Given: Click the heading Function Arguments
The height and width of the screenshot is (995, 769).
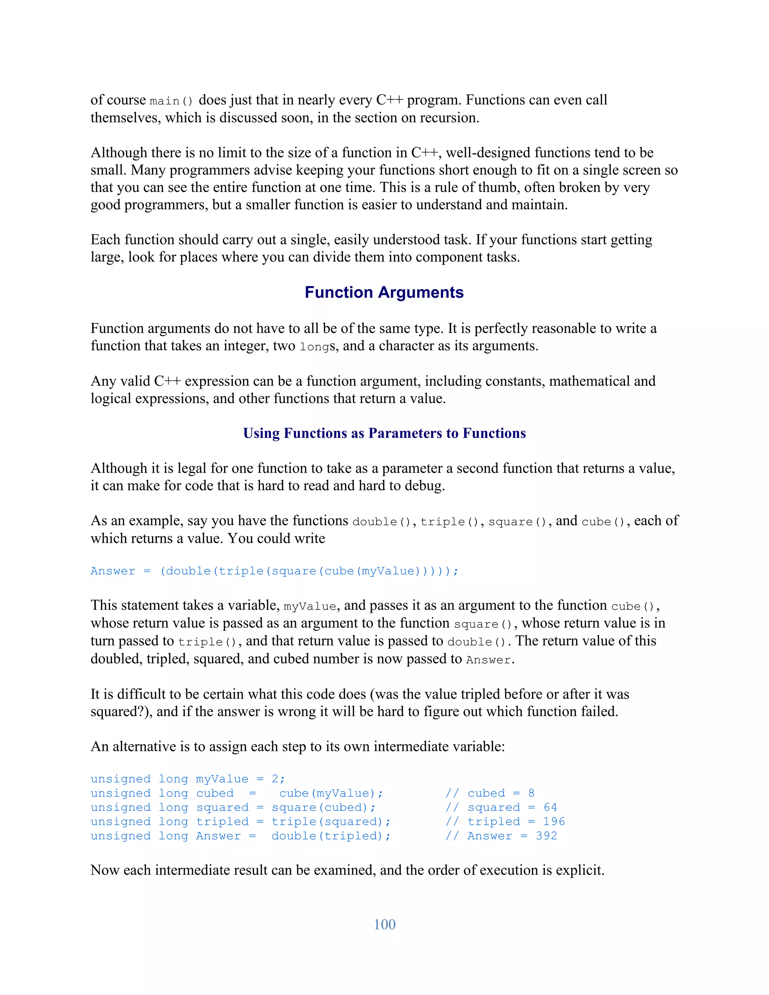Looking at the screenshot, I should (384, 292).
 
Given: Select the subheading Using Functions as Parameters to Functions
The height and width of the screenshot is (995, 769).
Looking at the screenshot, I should (384, 433).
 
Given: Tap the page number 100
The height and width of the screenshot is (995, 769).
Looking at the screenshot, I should (384, 924).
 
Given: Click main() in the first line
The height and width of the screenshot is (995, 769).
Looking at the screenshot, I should (171, 101).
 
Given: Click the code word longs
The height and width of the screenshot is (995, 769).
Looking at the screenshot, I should (318, 347).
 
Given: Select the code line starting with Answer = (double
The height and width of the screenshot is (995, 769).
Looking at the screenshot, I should (274, 571).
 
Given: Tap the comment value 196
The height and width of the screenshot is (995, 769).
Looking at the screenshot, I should (553, 822).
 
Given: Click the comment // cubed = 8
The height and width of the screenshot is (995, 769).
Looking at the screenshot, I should (490, 793).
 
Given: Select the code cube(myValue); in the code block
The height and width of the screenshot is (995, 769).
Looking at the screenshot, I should (331, 793).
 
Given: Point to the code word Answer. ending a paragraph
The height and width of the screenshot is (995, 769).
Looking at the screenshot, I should (490, 660).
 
